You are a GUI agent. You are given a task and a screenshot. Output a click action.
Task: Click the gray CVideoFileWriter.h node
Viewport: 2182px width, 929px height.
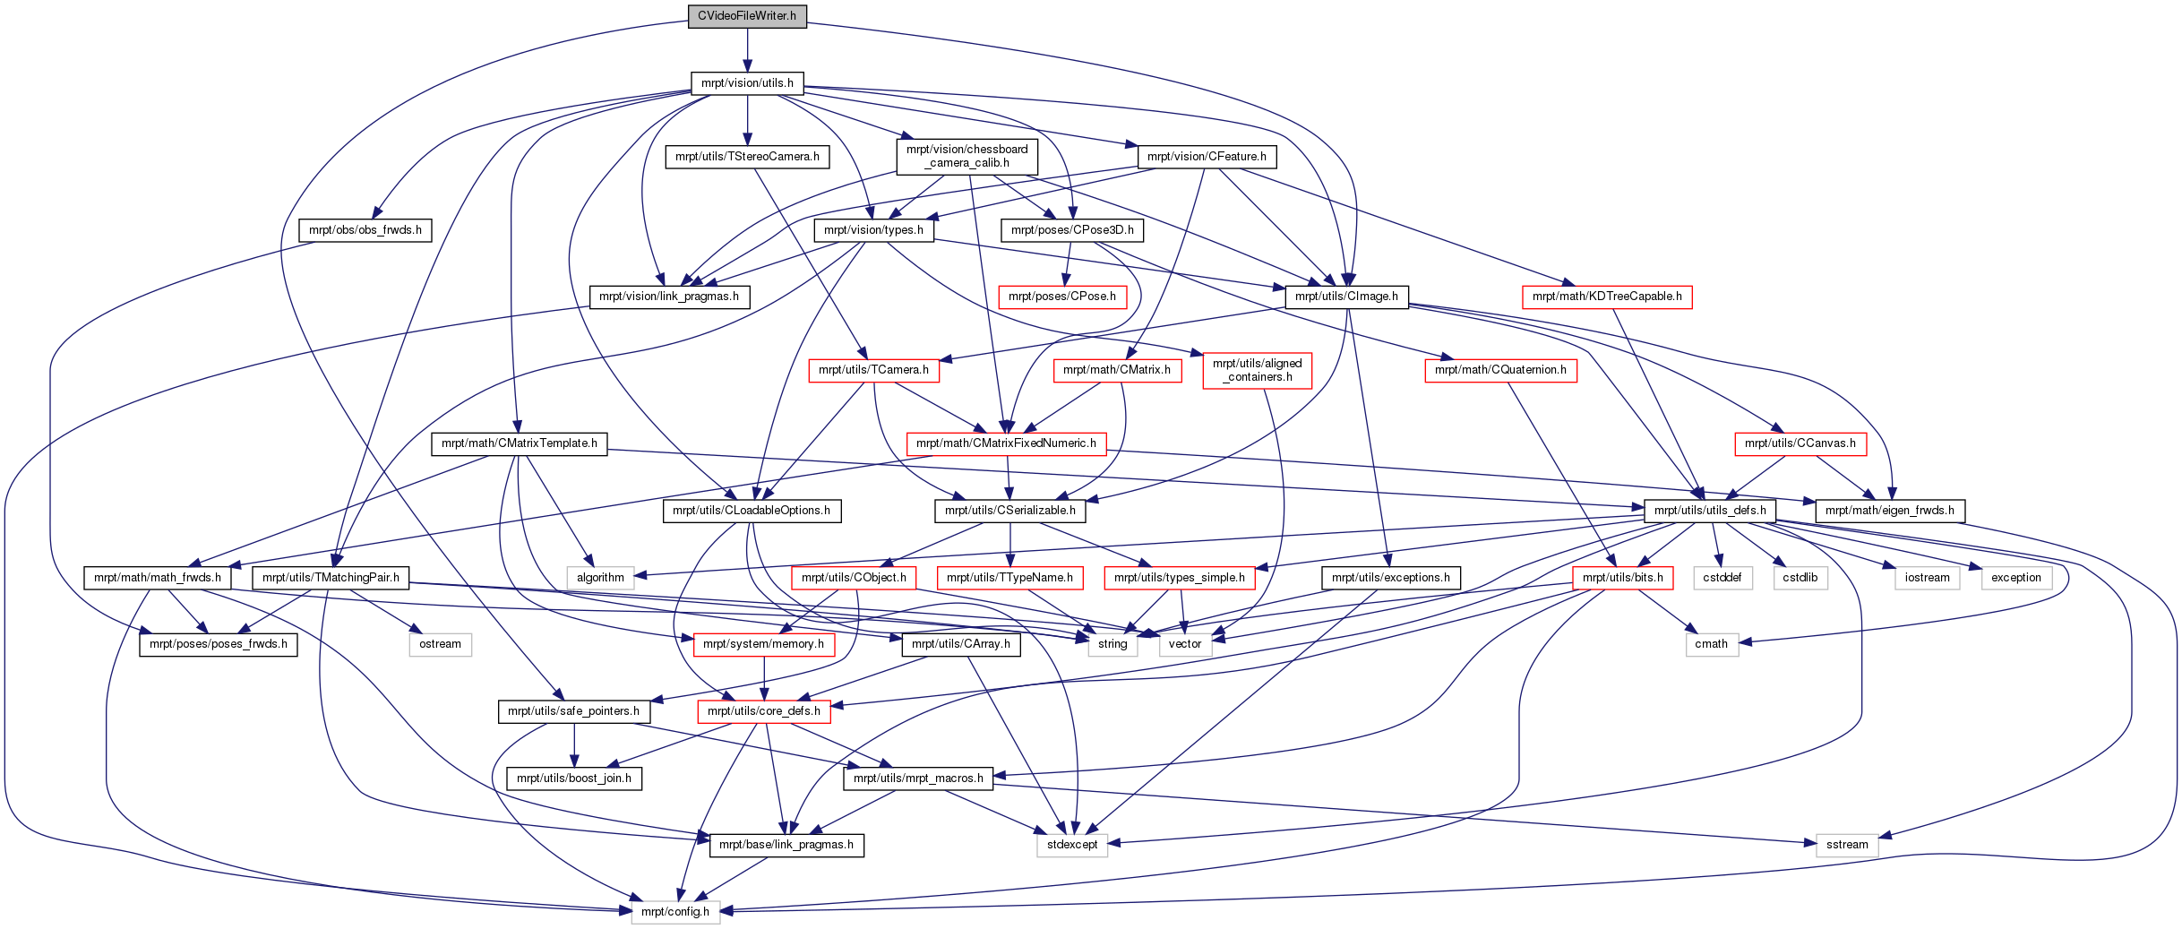(x=747, y=16)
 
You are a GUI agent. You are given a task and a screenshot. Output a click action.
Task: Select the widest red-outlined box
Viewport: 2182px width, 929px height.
(x=1006, y=444)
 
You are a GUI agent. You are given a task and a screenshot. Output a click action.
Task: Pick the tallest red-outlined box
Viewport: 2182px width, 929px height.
(x=1257, y=371)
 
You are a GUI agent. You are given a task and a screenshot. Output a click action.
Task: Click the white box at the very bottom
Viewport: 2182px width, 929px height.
(x=675, y=912)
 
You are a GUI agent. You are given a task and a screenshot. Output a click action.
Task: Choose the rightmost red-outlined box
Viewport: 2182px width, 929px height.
(x=1800, y=444)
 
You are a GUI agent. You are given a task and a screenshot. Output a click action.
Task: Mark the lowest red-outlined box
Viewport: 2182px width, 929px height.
(x=763, y=711)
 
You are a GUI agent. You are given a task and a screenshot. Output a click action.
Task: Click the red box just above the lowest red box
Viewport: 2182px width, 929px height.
(x=764, y=645)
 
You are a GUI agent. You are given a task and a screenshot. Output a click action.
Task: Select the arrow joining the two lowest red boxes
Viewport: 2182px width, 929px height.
(x=763, y=678)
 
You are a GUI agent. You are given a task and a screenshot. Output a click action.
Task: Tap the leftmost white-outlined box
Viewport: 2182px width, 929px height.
(x=440, y=645)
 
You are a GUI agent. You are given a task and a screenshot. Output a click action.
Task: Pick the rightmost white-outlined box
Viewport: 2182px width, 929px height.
(x=2016, y=579)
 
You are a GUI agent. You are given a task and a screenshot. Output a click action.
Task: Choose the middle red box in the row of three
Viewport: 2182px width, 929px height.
(x=1009, y=579)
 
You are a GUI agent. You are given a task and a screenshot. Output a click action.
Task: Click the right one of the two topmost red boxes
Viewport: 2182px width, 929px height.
(x=1607, y=297)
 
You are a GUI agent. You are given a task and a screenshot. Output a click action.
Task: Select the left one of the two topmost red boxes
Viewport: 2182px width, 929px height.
(x=1062, y=297)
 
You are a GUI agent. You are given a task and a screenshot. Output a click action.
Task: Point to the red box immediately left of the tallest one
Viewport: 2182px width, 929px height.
(x=1117, y=371)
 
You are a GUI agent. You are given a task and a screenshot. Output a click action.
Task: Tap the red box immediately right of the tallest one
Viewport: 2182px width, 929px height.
(x=1500, y=371)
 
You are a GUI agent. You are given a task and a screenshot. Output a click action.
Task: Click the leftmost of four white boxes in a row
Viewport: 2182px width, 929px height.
(x=1722, y=579)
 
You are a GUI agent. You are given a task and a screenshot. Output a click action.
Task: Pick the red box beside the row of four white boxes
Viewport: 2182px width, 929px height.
(x=1622, y=579)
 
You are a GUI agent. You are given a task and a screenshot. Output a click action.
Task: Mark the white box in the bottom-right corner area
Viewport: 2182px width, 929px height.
(x=1846, y=846)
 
